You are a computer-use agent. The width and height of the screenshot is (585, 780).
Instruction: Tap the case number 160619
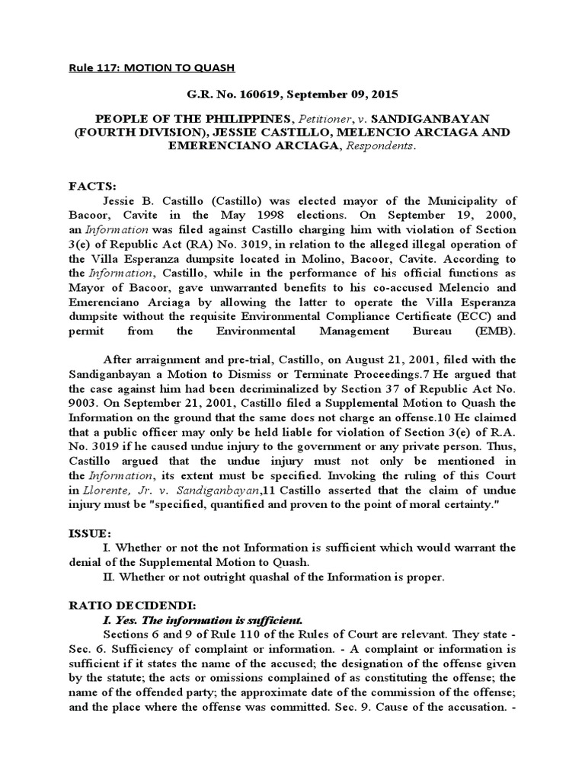pos(248,94)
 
